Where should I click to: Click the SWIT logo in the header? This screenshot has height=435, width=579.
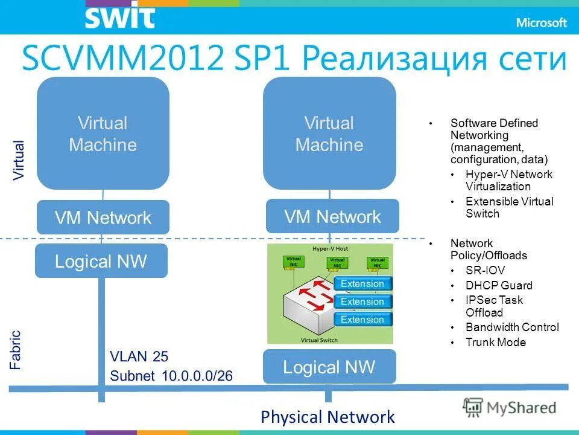pos(119,18)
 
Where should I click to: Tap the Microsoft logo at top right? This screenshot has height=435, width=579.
pos(541,22)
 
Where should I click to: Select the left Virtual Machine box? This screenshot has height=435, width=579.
pos(103,134)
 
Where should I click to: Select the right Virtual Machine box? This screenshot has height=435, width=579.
pos(329,134)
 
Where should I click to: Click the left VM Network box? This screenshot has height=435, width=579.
pos(103,217)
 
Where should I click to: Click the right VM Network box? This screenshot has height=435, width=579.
pos(332,216)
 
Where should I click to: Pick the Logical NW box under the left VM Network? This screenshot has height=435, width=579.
pos(101,262)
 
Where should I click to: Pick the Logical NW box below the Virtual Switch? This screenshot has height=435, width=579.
pos(329,367)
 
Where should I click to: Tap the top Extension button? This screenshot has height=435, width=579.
pos(362,284)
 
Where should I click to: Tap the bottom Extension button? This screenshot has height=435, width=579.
pos(362,320)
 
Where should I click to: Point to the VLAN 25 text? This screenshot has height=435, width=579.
pos(139,356)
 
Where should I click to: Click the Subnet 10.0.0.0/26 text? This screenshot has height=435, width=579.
pos(171,376)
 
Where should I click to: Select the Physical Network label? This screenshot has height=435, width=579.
pos(327,417)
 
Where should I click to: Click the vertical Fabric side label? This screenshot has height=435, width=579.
pos(16,349)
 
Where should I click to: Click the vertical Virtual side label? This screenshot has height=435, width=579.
pos(19,159)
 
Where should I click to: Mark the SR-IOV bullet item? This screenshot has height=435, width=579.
pos(485,270)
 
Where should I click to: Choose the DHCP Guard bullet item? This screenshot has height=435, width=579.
pos(499,285)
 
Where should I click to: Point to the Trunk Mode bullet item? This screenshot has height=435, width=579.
pos(495,343)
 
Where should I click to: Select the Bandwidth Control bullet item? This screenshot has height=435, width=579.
pos(512,327)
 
